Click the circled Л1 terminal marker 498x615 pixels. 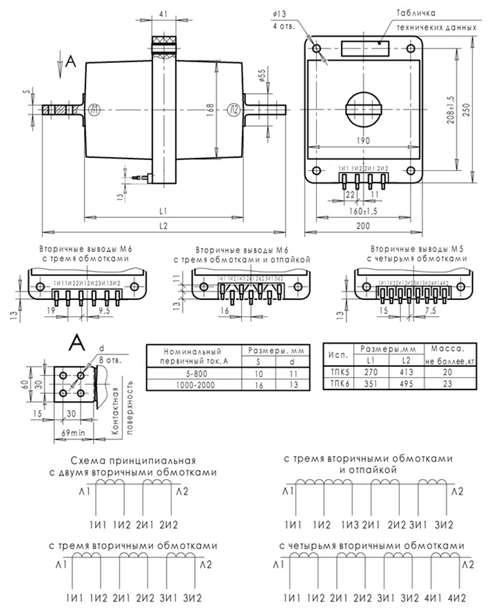pyautogui.click(x=94, y=109)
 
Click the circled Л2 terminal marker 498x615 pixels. pyautogui.click(x=234, y=109)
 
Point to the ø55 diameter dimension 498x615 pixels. pyautogui.click(x=262, y=77)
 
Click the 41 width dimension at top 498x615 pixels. pyautogui.click(x=163, y=13)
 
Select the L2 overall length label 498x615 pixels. pyautogui.click(x=163, y=225)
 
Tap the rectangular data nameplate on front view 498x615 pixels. pyautogui.click(x=364, y=47)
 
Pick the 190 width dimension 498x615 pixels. pyautogui.click(x=363, y=141)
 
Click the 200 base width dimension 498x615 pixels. pyautogui.click(x=362, y=225)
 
